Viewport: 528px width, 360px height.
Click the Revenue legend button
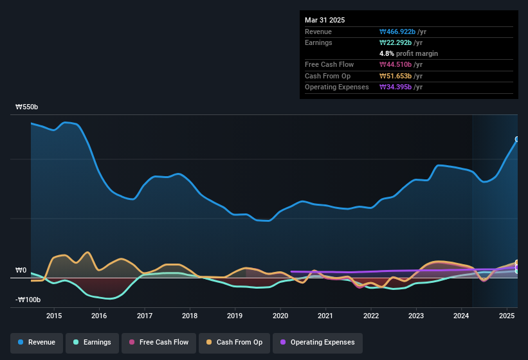[x=37, y=342]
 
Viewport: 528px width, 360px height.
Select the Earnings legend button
[x=93, y=342]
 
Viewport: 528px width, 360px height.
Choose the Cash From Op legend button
[x=235, y=342]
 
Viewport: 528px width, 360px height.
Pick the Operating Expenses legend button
[x=317, y=342]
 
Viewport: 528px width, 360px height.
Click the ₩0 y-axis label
[x=22, y=271]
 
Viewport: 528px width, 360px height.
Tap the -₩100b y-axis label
[x=28, y=300]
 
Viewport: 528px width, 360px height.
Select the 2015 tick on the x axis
[x=54, y=316]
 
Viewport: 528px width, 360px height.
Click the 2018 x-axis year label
[x=190, y=316]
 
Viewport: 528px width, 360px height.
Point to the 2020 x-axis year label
[x=280, y=316]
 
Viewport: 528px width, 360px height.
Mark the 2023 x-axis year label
[x=416, y=316]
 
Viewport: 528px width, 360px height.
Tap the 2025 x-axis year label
[x=507, y=316]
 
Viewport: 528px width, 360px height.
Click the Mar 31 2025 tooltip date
[x=325, y=20]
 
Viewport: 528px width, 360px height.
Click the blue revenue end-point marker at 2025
[x=517, y=139]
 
